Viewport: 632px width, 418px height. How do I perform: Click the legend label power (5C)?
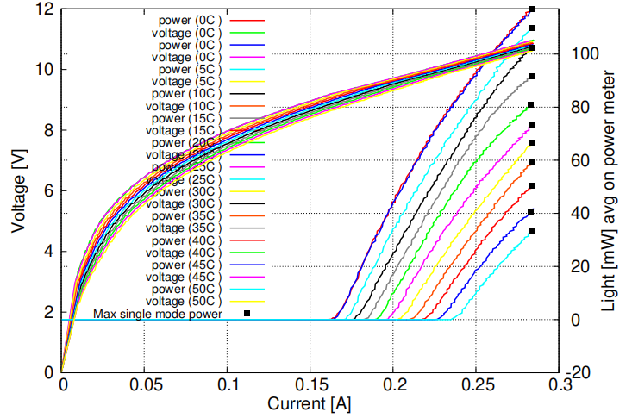click(188, 69)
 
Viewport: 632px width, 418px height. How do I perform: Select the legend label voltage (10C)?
click(184, 106)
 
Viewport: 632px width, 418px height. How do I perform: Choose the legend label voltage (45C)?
click(184, 278)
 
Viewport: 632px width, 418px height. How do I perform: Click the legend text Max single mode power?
click(158, 315)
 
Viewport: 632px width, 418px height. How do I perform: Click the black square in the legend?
click(247, 314)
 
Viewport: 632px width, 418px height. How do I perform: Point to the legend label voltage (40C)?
click(184, 253)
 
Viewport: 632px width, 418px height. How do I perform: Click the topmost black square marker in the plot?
click(532, 9)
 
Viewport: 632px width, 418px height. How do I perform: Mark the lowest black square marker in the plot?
click(532, 231)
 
